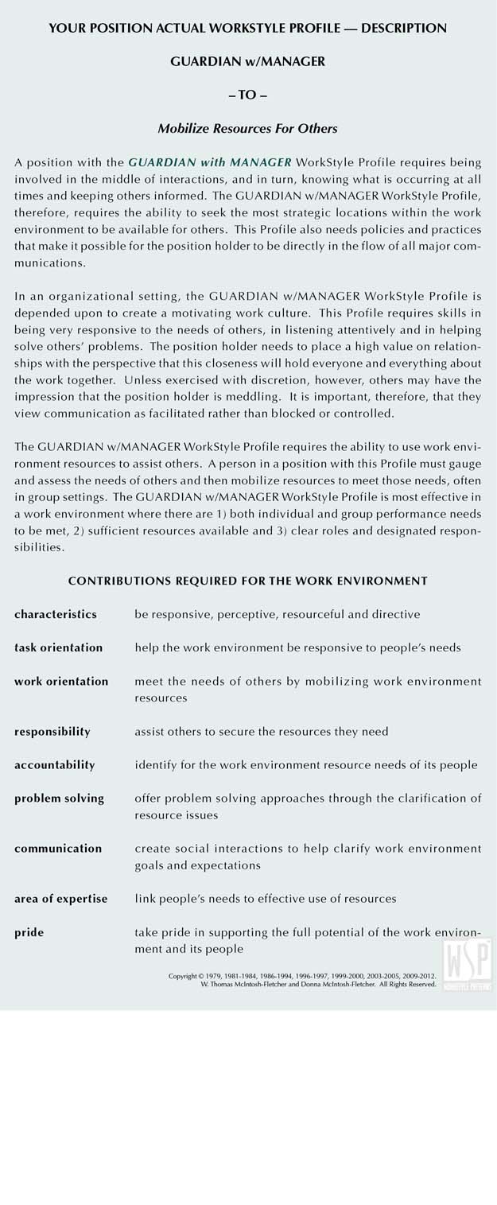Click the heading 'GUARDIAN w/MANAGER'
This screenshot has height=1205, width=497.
click(247, 61)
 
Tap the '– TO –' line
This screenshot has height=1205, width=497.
click(247, 95)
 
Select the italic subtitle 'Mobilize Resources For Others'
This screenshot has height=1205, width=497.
click(247, 128)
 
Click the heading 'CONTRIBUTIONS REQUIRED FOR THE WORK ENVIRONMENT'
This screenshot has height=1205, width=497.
click(247, 581)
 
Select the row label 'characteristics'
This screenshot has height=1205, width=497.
click(56, 614)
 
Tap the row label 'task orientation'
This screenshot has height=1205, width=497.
click(58, 647)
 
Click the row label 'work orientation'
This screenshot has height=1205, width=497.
click(61, 681)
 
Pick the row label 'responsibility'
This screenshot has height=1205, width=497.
click(52, 731)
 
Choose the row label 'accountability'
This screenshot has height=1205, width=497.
click(54, 764)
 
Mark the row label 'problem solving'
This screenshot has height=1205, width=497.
click(59, 798)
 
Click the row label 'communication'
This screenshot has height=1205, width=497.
click(58, 848)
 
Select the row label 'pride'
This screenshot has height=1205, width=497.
click(29, 931)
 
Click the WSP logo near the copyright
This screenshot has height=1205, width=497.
click(468, 964)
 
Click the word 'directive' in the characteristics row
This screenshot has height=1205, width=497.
click(396, 614)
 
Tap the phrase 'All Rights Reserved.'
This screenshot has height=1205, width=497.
click(407, 985)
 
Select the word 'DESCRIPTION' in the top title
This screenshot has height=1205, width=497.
click(404, 28)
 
